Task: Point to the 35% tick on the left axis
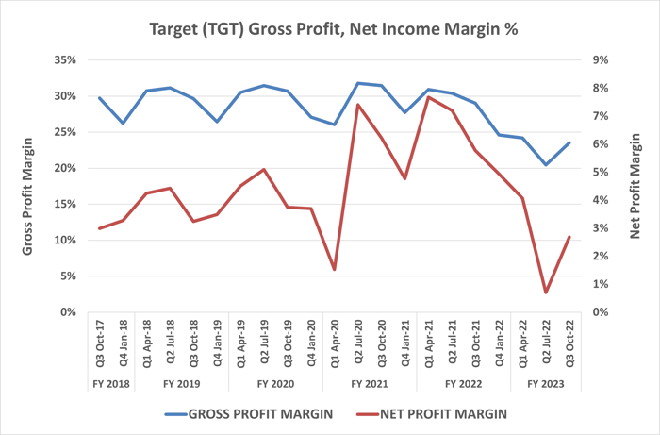pyautogui.click(x=62, y=60)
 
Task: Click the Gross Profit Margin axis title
pyautogui.click(x=29, y=185)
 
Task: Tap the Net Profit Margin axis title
pyautogui.click(x=635, y=185)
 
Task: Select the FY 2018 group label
pyautogui.click(x=110, y=384)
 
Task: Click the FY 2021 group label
pyautogui.click(x=370, y=384)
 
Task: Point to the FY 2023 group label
pyautogui.click(x=546, y=384)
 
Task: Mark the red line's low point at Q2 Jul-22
pyautogui.click(x=546, y=293)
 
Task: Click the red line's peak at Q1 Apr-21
pyautogui.click(x=429, y=97)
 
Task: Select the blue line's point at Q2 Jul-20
pyautogui.click(x=358, y=83)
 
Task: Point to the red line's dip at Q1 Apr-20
pyautogui.click(x=335, y=270)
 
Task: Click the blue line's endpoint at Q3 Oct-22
pyautogui.click(x=569, y=142)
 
